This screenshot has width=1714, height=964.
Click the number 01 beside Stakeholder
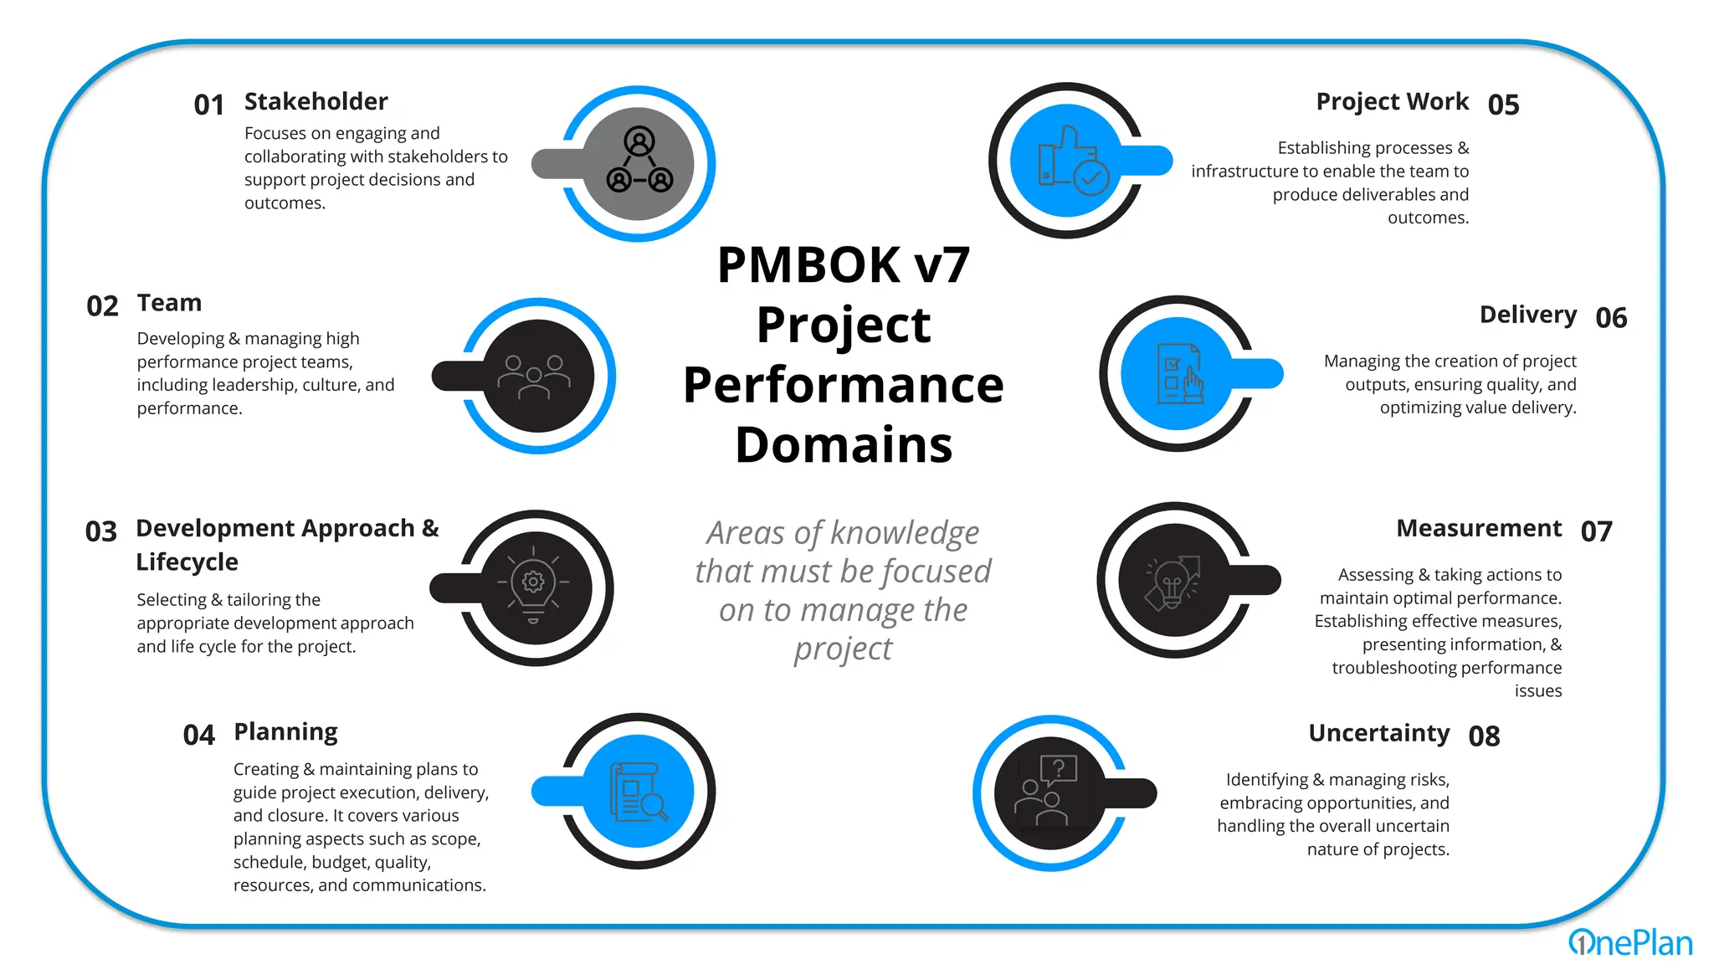(208, 105)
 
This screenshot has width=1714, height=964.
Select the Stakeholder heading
(316, 101)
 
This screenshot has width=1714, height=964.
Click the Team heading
(169, 303)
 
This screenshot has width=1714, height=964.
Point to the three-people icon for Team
(534, 377)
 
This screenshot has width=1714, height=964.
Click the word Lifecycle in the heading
(187, 561)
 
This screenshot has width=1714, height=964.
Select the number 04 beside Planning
(198, 735)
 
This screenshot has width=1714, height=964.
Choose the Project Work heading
(1392, 101)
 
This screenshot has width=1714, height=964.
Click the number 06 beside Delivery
(1610, 318)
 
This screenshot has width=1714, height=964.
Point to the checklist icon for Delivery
(1178, 373)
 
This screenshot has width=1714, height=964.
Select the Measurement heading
(1478, 528)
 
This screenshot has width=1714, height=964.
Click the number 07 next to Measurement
(1596, 531)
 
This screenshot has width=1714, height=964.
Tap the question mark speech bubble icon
(1058, 768)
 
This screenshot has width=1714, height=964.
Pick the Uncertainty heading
(1378, 732)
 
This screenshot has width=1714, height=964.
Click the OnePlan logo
(1629, 942)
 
